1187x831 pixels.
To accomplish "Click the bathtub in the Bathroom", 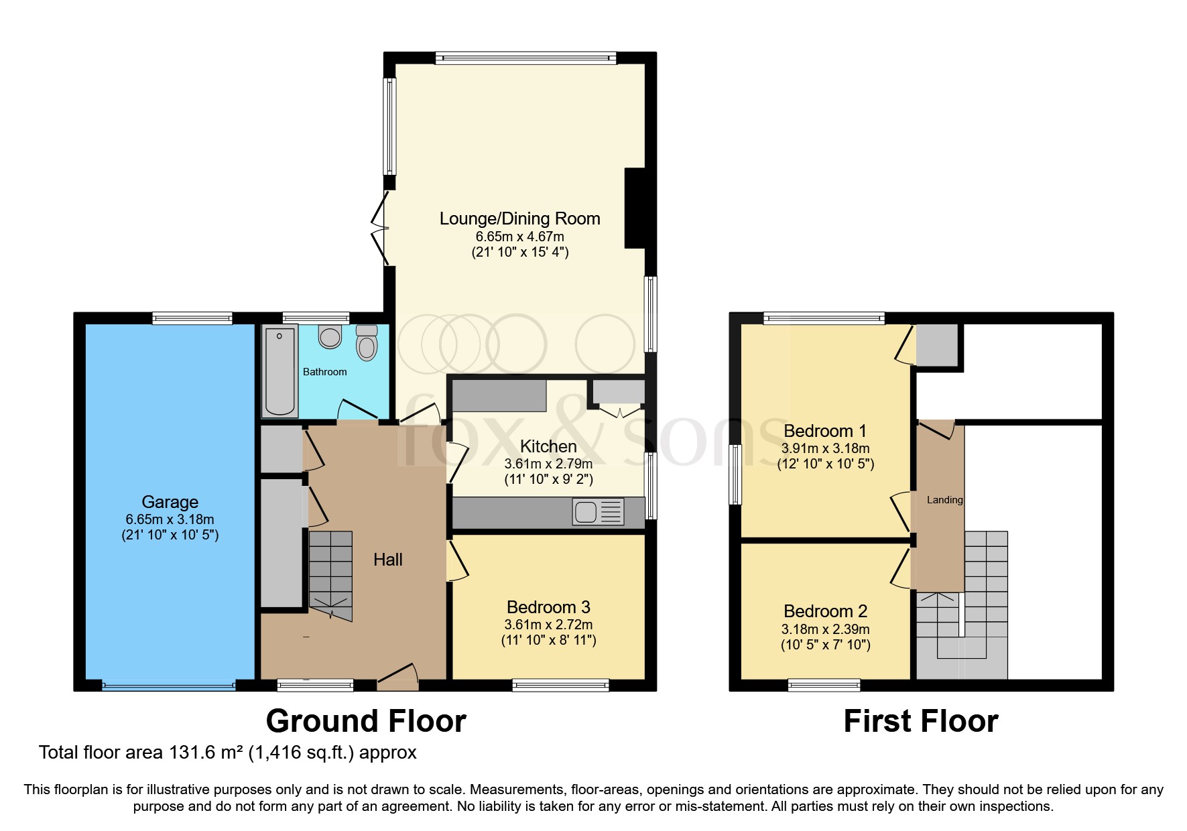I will [x=279, y=371].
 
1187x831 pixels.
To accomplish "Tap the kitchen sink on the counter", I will [x=585, y=512].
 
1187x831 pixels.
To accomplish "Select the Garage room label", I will [x=170, y=502].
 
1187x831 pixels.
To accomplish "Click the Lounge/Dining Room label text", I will [x=519, y=218].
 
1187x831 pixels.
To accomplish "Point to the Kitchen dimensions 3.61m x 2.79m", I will [x=548, y=464].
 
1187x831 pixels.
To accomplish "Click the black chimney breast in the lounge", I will [x=634, y=208].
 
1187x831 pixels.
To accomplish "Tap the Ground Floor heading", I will [x=366, y=722].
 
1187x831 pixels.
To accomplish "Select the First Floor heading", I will [x=920, y=722].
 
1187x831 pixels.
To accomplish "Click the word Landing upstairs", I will [x=944, y=500].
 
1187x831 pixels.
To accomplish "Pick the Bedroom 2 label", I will [x=825, y=611].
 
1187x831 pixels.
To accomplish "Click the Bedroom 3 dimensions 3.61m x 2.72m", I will [x=548, y=625].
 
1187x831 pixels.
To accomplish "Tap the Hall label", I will [x=387, y=560].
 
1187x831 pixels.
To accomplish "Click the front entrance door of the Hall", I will [x=398, y=677].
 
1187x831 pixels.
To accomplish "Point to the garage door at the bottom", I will [x=169, y=686].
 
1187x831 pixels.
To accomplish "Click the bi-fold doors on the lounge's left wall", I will [x=381, y=229].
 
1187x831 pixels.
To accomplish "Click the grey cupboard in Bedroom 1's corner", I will [x=937, y=345].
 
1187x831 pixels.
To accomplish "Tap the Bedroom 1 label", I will [x=825, y=430].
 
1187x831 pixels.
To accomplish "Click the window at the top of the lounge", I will [x=525, y=59].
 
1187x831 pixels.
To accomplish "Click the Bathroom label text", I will [x=324, y=372].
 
